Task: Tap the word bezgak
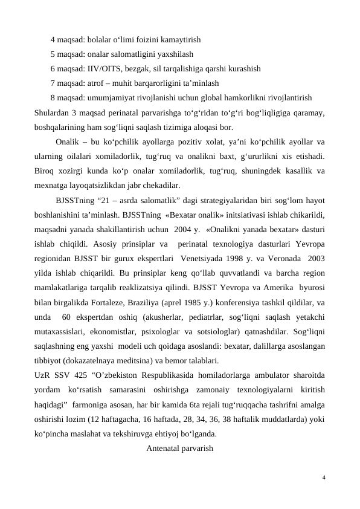coord(138,68)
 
